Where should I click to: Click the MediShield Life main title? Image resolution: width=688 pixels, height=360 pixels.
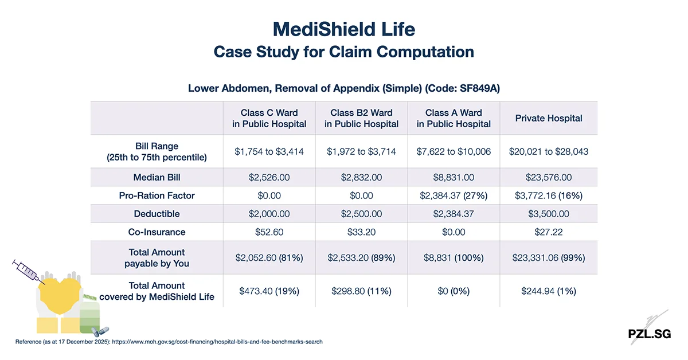click(x=344, y=29)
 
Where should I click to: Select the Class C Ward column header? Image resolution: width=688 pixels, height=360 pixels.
click(x=269, y=118)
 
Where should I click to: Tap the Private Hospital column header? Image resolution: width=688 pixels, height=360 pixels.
click(x=548, y=118)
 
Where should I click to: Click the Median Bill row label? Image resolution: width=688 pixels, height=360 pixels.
click(x=157, y=177)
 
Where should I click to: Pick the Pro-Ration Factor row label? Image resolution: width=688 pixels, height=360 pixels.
click(x=157, y=195)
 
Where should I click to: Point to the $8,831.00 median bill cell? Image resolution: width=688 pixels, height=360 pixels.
click(x=454, y=177)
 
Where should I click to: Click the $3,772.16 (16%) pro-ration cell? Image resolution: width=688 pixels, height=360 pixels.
click(x=548, y=195)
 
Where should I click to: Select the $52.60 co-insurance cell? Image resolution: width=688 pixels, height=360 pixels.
click(x=269, y=232)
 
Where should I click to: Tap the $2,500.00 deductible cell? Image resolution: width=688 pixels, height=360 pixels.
click(x=361, y=214)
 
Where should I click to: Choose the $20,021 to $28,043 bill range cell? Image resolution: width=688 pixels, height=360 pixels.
click(x=548, y=151)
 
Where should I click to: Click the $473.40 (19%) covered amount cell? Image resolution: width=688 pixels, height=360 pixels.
click(x=269, y=291)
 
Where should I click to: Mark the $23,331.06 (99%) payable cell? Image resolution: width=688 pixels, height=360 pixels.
click(x=548, y=258)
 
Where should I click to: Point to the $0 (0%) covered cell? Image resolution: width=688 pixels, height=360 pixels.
click(x=454, y=291)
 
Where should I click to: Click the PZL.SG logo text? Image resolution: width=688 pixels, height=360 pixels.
click(x=649, y=334)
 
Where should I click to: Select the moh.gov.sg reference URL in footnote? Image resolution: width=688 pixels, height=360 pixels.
click(x=218, y=342)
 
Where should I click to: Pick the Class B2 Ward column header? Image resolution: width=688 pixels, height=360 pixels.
click(x=361, y=118)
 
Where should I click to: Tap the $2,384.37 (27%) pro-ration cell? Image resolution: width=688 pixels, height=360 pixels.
click(x=454, y=195)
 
